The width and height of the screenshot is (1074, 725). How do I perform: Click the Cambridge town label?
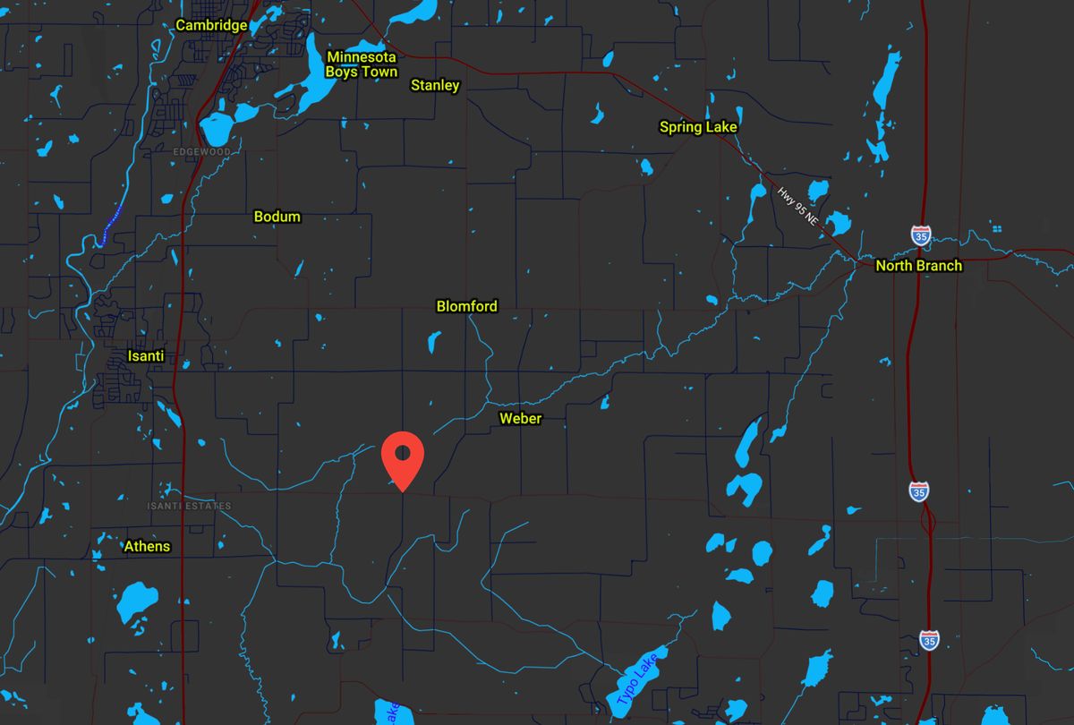coord(211,25)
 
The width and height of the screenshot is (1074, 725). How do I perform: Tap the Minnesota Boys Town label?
coord(362,64)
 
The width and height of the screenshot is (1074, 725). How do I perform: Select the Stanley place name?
coord(435,85)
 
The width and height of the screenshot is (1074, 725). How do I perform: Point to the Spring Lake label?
coord(698,127)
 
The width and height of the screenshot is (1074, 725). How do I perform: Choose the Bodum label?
coord(277,217)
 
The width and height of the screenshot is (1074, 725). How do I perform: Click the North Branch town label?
coord(918,266)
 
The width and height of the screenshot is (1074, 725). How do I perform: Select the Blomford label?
coord(466,306)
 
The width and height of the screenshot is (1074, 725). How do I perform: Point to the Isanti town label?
coord(147,356)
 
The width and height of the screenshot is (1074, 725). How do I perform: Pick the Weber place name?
coord(520,418)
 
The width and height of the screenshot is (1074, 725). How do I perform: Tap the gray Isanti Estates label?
coord(189,507)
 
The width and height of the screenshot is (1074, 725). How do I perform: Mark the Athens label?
coord(147,546)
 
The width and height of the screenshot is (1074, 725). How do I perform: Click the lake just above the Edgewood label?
coord(217,128)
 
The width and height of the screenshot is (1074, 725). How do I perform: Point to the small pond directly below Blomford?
coord(434,342)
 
